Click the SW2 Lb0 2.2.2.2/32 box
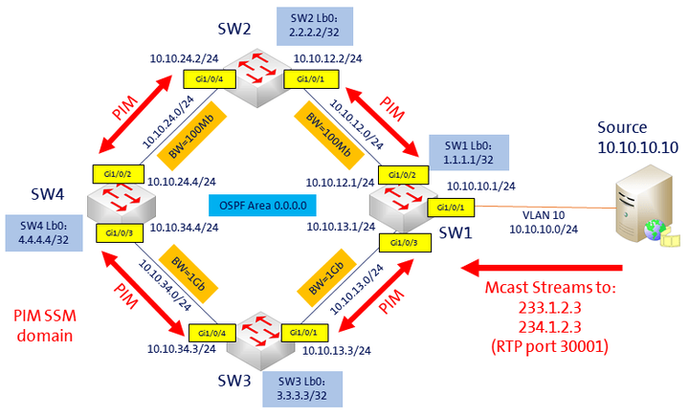pos(315,27)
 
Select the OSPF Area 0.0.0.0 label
pos(262,206)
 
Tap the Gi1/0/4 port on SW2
pos(210,79)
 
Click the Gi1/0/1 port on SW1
pos(451,208)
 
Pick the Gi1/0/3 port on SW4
pos(120,233)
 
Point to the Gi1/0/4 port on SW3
pos(211,333)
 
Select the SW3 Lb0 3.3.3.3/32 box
pos(302,389)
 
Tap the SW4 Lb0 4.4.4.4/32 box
pos(44,233)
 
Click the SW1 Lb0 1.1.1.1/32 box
pos(469,152)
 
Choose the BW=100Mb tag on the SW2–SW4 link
pos(191,136)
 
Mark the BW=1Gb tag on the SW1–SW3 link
pos(326,275)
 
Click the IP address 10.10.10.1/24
pos(481,187)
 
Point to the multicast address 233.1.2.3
pos(549,308)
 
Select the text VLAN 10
pos(544,215)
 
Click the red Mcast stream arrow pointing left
pos(542,268)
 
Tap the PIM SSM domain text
pos(45,326)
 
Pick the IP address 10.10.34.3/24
pos(182,349)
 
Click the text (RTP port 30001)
pos(549,347)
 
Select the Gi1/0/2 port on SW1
pos(403,175)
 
